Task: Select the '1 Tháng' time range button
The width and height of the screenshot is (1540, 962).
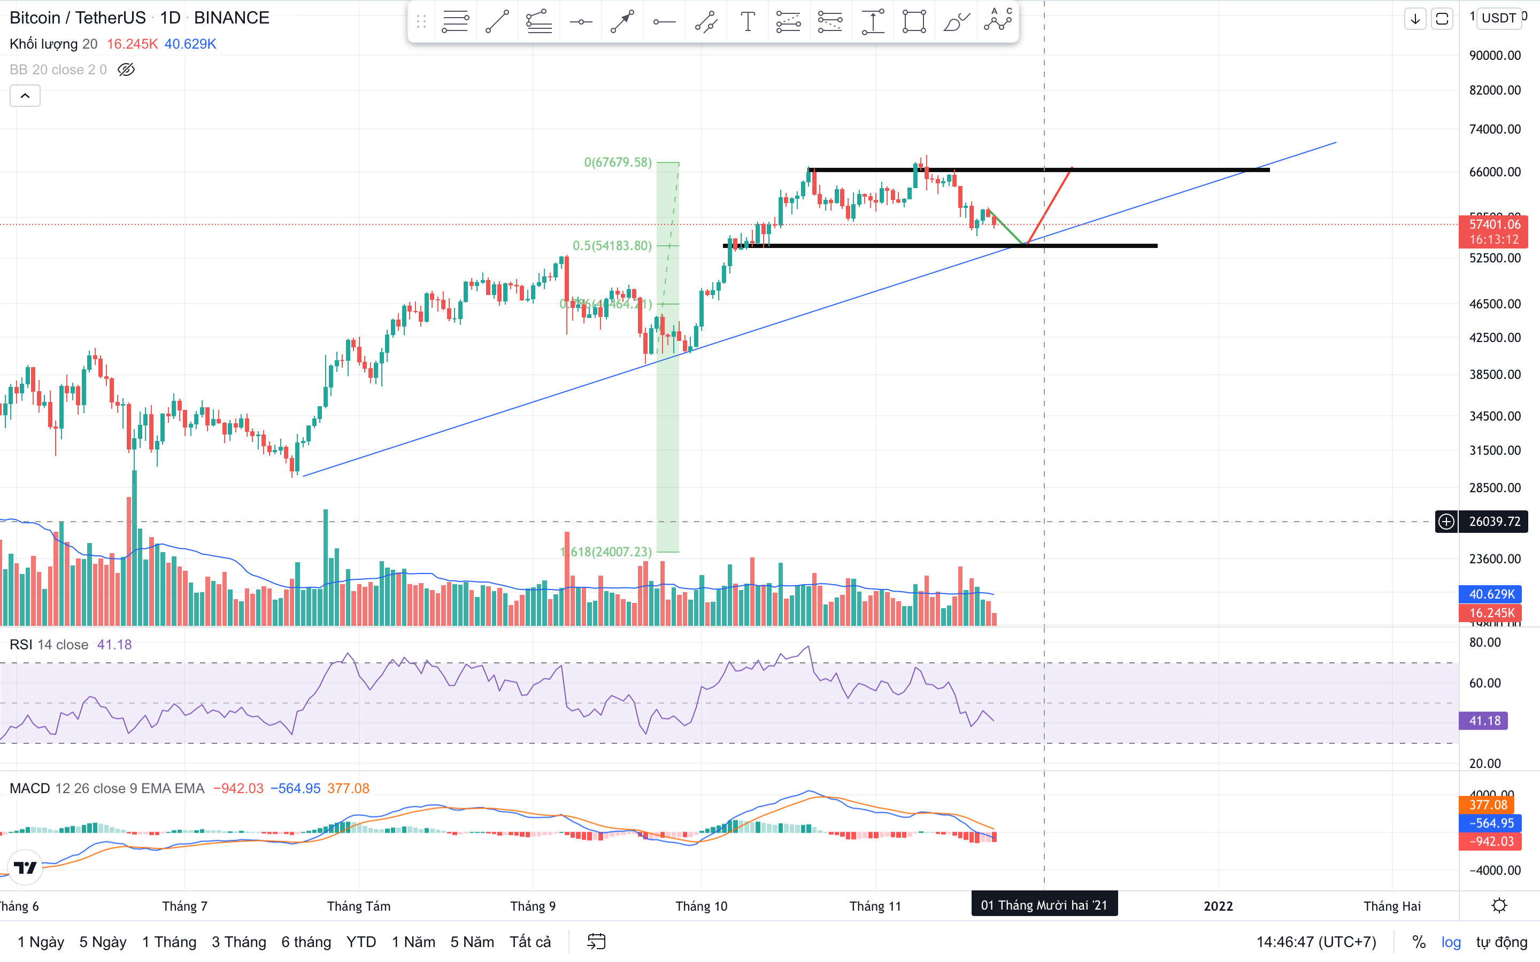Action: pyautogui.click(x=168, y=942)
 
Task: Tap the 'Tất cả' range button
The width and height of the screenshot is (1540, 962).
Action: pyautogui.click(x=529, y=942)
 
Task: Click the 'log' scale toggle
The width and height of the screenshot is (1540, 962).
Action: pyautogui.click(x=1451, y=942)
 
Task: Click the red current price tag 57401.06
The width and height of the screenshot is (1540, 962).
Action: pyautogui.click(x=1493, y=224)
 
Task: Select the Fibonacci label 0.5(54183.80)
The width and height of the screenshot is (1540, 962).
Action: pyautogui.click(x=612, y=246)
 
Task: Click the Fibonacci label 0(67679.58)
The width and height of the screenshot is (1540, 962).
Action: pyautogui.click(x=617, y=162)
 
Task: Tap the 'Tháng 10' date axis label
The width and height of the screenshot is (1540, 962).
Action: pyautogui.click(x=700, y=906)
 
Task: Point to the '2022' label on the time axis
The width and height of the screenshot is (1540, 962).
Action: pyautogui.click(x=1218, y=906)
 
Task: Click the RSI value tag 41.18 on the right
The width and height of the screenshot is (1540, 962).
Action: pyautogui.click(x=1484, y=721)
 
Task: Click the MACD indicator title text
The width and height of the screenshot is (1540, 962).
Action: pyautogui.click(x=29, y=788)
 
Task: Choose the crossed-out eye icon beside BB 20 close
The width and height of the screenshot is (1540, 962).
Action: pyautogui.click(x=126, y=69)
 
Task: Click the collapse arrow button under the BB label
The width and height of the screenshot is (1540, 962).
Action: pyautogui.click(x=25, y=96)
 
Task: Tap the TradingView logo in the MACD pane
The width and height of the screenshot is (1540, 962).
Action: pyautogui.click(x=26, y=867)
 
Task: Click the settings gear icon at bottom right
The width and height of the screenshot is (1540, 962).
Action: pyautogui.click(x=1499, y=905)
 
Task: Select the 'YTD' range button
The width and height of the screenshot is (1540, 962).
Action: pyautogui.click(x=361, y=942)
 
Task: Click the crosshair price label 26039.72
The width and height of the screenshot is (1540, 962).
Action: pyautogui.click(x=1493, y=522)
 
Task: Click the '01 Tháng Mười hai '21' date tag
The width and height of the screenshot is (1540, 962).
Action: pyautogui.click(x=1044, y=905)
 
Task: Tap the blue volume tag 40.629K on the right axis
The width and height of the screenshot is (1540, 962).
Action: pyautogui.click(x=1491, y=594)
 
